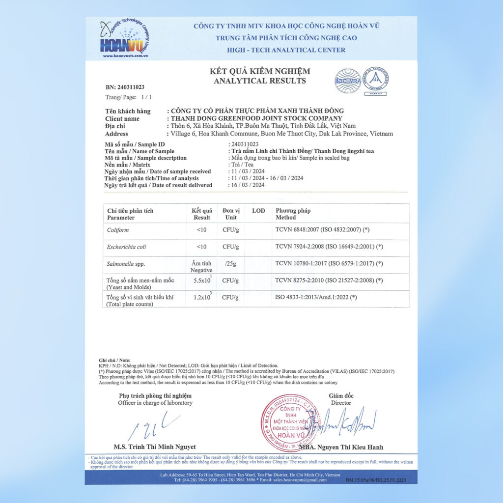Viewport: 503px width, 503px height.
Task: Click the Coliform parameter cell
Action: (118, 230)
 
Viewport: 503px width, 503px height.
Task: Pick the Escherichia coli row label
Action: (127, 247)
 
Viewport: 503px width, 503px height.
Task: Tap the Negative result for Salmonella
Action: (201, 270)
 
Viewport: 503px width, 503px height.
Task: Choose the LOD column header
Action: (258, 211)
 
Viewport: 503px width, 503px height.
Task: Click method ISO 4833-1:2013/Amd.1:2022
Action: (316, 297)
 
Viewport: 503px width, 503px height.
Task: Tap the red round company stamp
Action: (289, 423)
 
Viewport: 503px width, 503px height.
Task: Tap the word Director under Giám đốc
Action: (341, 403)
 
